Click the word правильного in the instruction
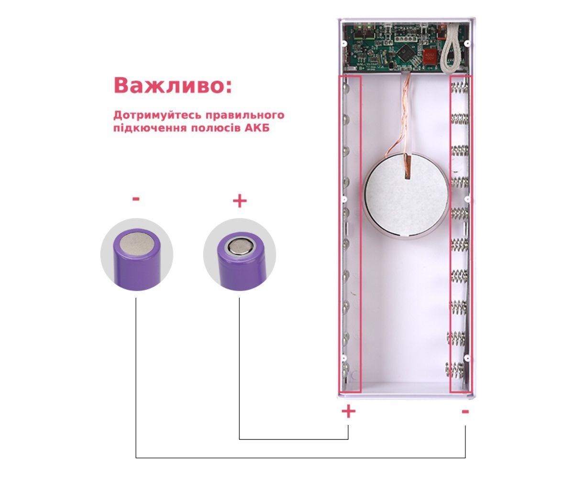click(x=245, y=116)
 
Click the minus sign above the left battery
click(x=136, y=198)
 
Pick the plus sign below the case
click(x=348, y=411)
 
